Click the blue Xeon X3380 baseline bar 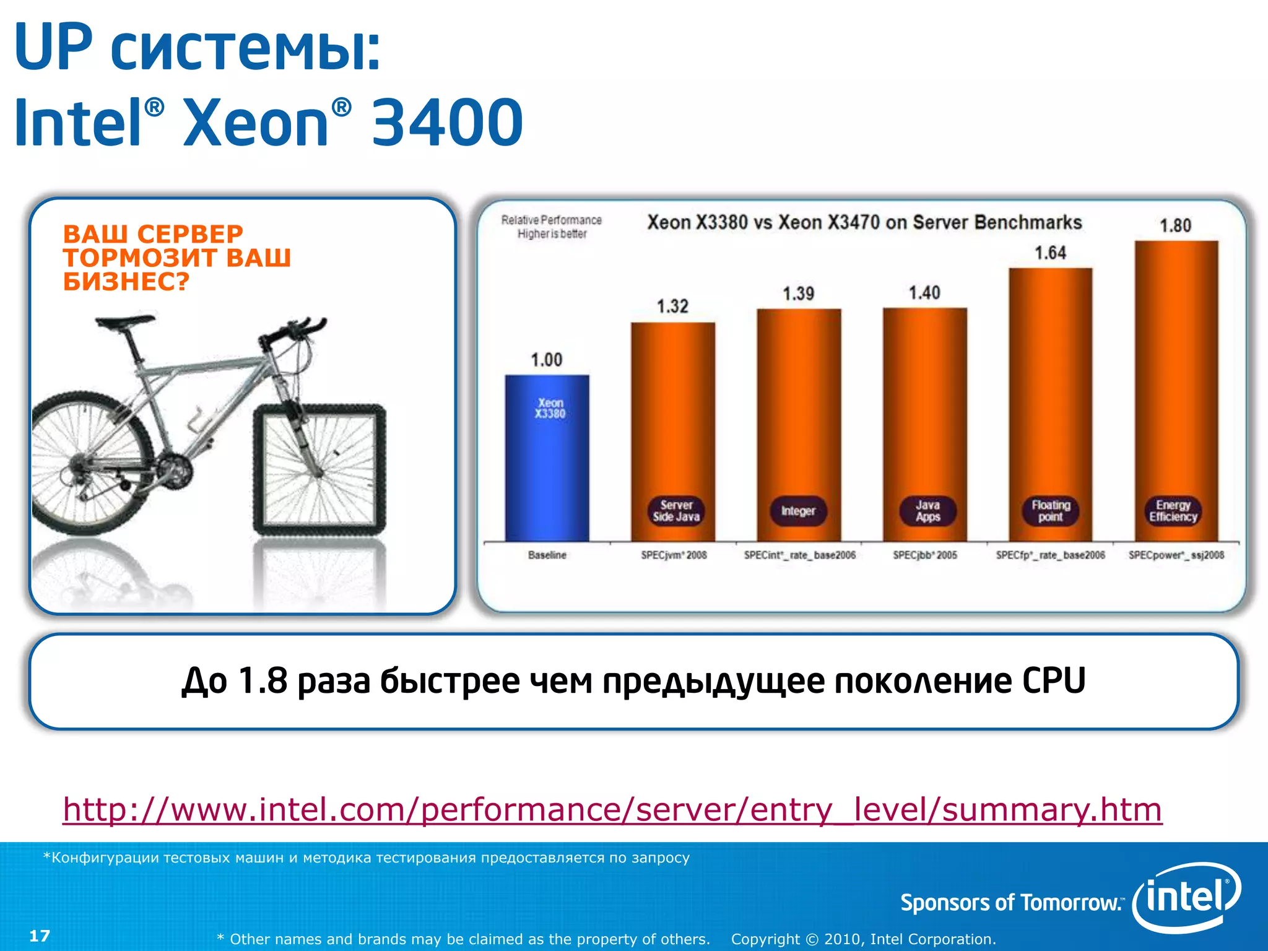pyautogui.click(x=547, y=458)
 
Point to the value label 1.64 pyautogui.click(x=1050, y=253)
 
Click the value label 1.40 pyautogui.click(x=924, y=292)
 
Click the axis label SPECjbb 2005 pyautogui.click(x=924, y=555)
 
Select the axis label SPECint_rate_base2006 pyautogui.click(x=799, y=555)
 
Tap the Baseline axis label pyautogui.click(x=547, y=555)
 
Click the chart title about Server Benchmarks pyautogui.click(x=864, y=222)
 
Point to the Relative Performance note pyautogui.click(x=551, y=227)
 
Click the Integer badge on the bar pyautogui.click(x=798, y=511)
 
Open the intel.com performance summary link pyautogui.click(x=612, y=809)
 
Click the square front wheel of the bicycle pyautogui.click(x=319, y=469)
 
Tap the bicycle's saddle pyautogui.click(x=124, y=321)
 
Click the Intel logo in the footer pyautogui.click(x=1186, y=897)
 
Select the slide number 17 pyautogui.click(x=40, y=936)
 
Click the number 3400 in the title pyautogui.click(x=447, y=122)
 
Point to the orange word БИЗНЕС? pyautogui.click(x=126, y=282)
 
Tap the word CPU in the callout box pyautogui.click(x=1053, y=680)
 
